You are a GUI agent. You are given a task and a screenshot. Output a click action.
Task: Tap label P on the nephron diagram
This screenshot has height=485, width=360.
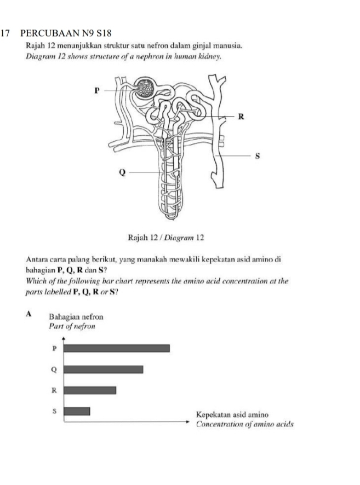(97, 91)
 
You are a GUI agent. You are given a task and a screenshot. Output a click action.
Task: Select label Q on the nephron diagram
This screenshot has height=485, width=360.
(123, 173)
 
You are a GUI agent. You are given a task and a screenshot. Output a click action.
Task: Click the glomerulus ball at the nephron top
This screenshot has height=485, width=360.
(147, 88)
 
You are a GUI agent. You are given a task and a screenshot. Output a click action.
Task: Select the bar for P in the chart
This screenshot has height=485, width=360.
(117, 348)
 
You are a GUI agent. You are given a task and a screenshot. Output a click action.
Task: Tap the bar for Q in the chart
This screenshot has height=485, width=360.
(104, 369)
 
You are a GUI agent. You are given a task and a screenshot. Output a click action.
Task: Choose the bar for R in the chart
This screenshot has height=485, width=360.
(90, 390)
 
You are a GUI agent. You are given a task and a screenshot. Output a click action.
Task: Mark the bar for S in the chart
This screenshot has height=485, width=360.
(77, 411)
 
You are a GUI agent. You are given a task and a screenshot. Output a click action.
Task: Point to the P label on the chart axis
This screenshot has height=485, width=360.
(54, 348)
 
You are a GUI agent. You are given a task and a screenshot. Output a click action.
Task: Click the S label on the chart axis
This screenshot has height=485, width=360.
(54, 411)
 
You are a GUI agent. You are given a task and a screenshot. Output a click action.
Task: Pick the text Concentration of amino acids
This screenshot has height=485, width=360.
(245, 425)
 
